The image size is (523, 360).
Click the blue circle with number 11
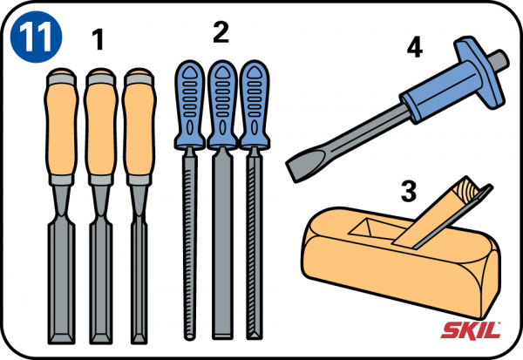[x=36, y=37]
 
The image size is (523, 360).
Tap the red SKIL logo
[x=471, y=330]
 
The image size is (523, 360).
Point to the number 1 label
[x=98, y=39]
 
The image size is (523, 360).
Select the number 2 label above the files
[x=221, y=32]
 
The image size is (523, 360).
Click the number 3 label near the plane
[x=409, y=191]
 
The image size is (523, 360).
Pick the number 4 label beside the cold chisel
[x=415, y=47]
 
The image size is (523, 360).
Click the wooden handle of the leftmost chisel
[x=61, y=126]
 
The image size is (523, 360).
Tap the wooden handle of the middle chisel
[x=101, y=126]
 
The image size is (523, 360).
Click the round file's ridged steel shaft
[x=190, y=245]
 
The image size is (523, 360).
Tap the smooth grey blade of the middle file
[x=222, y=245]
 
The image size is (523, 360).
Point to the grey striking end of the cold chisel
[x=499, y=60]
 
